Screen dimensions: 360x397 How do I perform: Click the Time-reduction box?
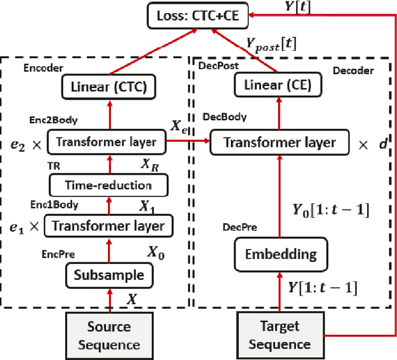[x=109, y=185]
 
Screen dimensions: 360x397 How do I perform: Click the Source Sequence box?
[x=109, y=335]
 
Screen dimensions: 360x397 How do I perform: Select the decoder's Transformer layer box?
[x=280, y=143]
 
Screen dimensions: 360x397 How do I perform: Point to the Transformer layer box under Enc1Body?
[x=109, y=226]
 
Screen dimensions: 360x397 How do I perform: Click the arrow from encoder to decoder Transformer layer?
[x=190, y=142]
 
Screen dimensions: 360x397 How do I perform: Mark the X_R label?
[x=152, y=166]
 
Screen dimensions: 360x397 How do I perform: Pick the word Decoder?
[x=353, y=70]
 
